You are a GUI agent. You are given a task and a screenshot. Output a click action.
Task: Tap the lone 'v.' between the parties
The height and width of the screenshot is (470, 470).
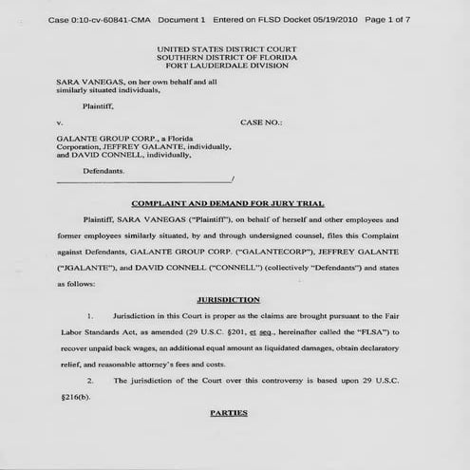(59, 123)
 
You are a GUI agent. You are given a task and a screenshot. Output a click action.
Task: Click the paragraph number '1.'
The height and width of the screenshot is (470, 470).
(89, 313)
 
